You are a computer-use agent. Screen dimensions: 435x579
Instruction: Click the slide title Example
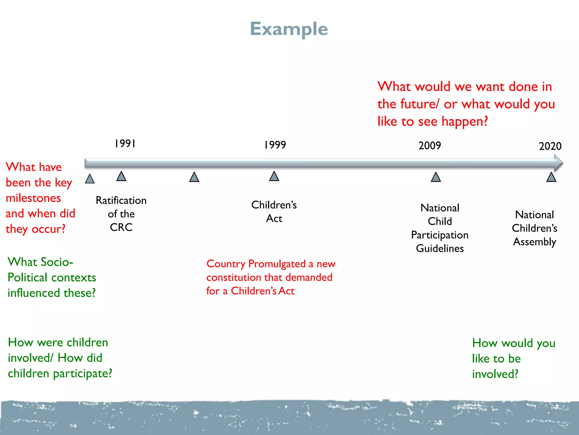pyautogui.click(x=289, y=29)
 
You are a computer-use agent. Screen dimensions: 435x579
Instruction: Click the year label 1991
pyautogui.click(x=125, y=144)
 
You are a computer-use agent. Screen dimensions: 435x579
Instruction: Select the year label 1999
pyautogui.click(x=275, y=145)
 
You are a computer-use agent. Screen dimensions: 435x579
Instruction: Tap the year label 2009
pyautogui.click(x=429, y=146)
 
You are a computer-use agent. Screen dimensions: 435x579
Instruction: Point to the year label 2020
pyautogui.click(x=550, y=146)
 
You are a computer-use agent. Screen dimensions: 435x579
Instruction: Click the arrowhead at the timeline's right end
pyautogui.click(x=558, y=163)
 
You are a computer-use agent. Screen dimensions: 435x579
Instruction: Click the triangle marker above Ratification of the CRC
pyautogui.click(x=121, y=176)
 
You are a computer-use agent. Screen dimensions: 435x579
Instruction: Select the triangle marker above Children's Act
pyautogui.click(x=274, y=176)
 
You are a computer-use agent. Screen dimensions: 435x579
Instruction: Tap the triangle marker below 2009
pyautogui.click(x=436, y=178)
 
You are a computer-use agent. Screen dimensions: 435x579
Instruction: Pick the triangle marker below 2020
pyautogui.click(x=551, y=178)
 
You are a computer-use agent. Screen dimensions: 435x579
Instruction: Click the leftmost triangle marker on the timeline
pyautogui.click(x=90, y=179)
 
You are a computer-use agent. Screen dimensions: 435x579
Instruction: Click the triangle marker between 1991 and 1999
pyautogui.click(x=194, y=178)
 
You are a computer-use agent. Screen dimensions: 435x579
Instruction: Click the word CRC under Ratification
pyautogui.click(x=121, y=227)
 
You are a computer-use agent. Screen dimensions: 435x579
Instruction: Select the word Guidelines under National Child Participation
pyautogui.click(x=440, y=248)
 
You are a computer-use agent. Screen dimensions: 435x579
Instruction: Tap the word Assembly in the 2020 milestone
pyautogui.click(x=534, y=242)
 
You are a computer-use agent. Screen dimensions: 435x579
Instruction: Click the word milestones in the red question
pyautogui.click(x=33, y=198)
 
